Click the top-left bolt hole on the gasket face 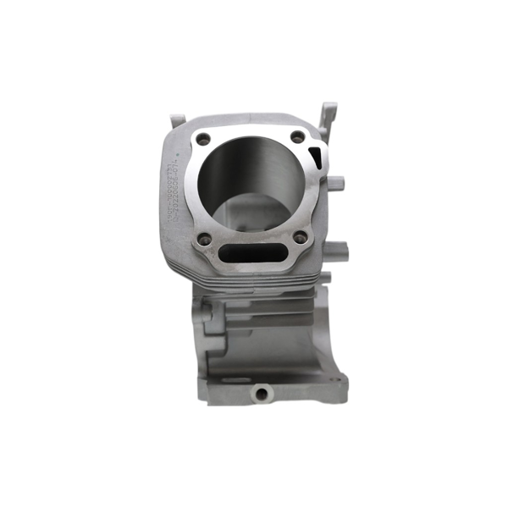203,139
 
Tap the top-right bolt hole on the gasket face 297,136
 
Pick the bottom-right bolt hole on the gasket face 300,239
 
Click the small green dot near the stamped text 177,154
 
